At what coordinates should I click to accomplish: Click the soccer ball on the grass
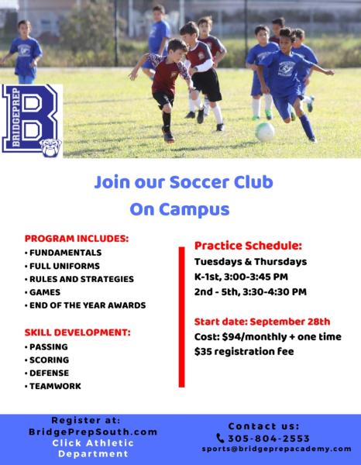(x=265, y=132)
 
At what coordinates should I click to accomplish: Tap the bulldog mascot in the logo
(x=50, y=148)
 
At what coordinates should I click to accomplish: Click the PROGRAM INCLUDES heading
(x=77, y=239)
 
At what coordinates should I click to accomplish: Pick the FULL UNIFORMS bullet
(x=64, y=266)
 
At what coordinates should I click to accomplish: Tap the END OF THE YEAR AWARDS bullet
(x=88, y=305)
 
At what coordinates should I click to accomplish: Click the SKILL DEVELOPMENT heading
(x=77, y=332)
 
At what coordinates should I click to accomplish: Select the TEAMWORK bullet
(x=55, y=386)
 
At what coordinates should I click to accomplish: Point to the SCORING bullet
(x=50, y=360)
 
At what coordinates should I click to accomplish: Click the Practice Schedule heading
(x=248, y=246)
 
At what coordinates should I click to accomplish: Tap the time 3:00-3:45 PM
(x=256, y=277)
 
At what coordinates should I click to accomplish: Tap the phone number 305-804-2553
(x=269, y=439)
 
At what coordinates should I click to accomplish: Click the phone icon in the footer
(x=220, y=438)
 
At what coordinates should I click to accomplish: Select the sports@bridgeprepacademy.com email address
(x=277, y=449)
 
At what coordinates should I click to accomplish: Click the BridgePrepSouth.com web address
(x=93, y=432)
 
